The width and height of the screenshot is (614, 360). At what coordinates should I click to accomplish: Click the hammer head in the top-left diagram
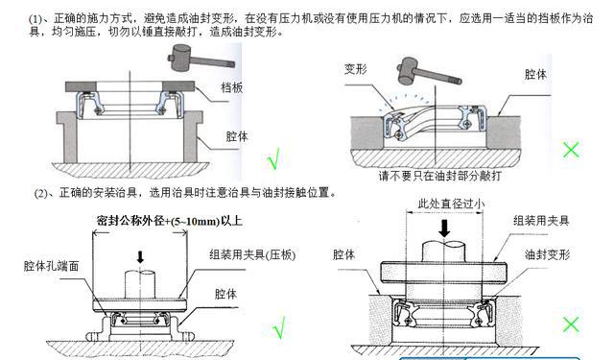[x=181, y=58]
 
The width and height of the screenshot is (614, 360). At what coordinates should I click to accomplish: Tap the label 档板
[x=232, y=87]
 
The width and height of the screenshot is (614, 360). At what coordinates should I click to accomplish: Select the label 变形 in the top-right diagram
[x=355, y=69]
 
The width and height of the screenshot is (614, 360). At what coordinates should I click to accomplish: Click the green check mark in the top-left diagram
[x=274, y=157]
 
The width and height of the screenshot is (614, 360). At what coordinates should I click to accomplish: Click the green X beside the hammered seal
[x=571, y=149]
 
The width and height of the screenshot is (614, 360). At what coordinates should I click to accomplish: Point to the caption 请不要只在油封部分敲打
[x=439, y=176]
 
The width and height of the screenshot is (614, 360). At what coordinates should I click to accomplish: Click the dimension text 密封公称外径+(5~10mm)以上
[x=169, y=221]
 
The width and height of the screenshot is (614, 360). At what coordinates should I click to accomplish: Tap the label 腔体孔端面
[x=51, y=266]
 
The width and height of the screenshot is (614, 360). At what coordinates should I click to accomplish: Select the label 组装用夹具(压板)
[x=252, y=254]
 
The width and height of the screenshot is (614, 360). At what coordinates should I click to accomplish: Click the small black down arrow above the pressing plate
[x=140, y=257]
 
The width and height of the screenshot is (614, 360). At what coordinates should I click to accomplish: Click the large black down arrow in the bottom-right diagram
[x=444, y=228]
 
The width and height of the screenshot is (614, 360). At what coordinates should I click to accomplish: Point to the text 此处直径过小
[x=452, y=204]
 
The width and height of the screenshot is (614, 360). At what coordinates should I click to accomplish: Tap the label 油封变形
[x=548, y=254]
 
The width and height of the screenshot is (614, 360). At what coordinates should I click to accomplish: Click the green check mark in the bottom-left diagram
[x=280, y=327]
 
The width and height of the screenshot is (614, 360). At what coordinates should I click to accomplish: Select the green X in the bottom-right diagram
[x=571, y=324]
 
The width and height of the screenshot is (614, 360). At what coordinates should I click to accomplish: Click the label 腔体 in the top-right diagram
[x=535, y=74]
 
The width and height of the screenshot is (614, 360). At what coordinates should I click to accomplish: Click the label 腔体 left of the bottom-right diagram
[x=343, y=254]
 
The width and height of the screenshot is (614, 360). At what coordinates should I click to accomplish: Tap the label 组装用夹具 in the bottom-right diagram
[x=541, y=220]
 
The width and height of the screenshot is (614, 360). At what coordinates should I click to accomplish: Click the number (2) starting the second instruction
[x=41, y=193]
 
